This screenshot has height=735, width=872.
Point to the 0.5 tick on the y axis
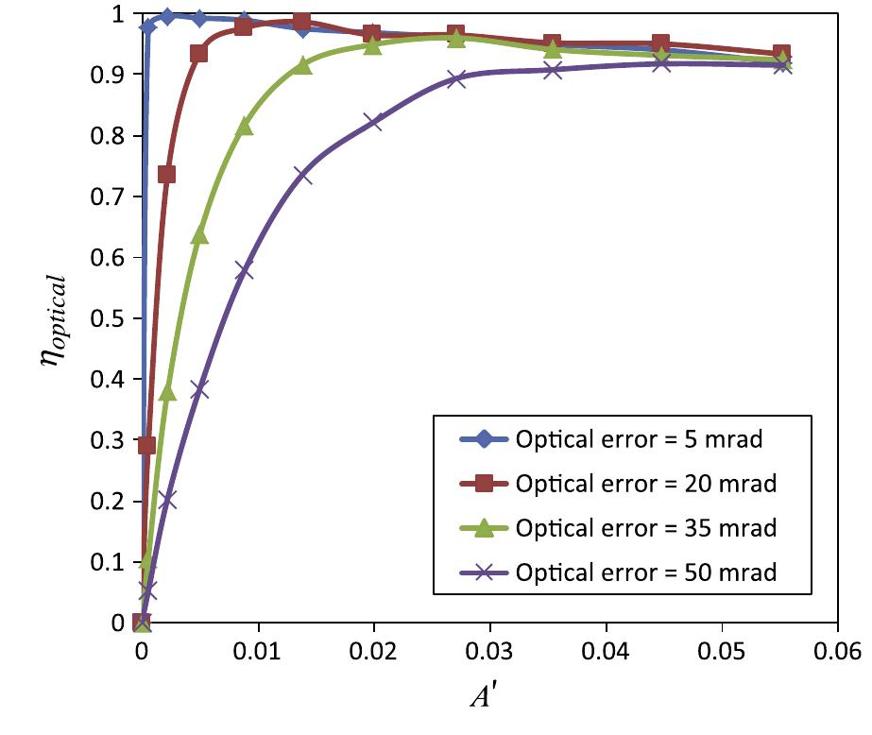pos(113,318)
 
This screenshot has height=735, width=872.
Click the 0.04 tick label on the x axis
pos(606,651)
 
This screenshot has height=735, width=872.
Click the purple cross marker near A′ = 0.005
pos(199,389)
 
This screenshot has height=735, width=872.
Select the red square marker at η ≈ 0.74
pos(167,174)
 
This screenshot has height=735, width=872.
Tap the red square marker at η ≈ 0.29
pos(146,445)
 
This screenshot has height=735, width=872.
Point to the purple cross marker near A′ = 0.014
pos(302,176)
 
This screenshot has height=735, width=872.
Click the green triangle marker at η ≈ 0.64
pos(199,235)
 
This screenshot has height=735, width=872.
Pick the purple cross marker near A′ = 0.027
pos(456,78)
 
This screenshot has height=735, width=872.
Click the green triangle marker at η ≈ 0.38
pos(167,392)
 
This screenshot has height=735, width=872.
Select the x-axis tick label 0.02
pos(373,651)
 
